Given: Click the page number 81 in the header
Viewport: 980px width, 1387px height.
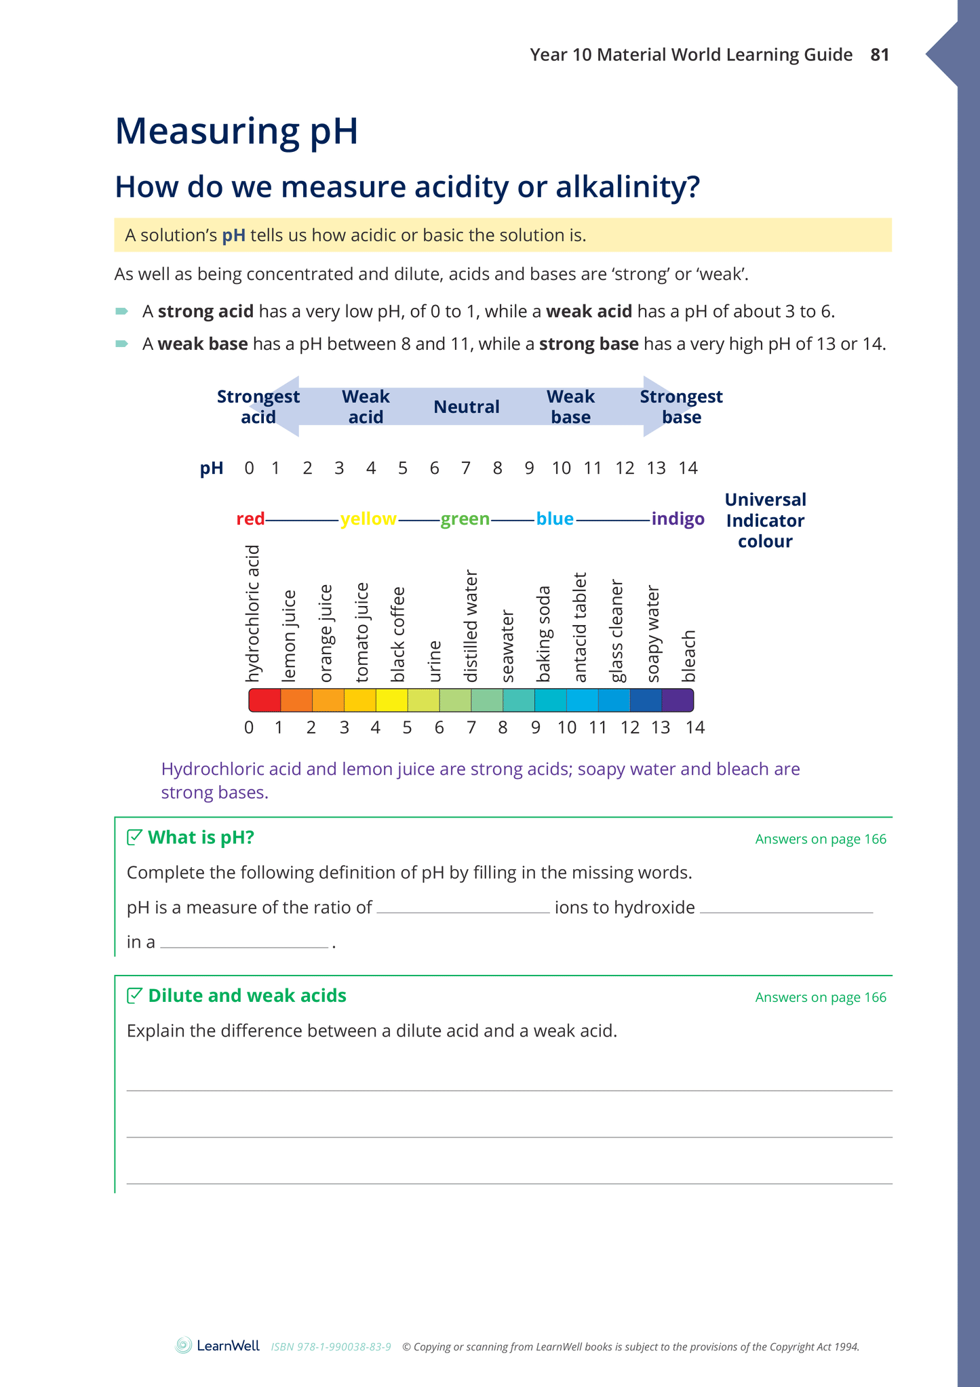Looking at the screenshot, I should click(x=880, y=55).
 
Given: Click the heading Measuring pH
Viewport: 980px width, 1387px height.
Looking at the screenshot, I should click(x=236, y=131).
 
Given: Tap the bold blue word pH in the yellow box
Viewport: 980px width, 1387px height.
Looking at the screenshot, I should click(x=233, y=236).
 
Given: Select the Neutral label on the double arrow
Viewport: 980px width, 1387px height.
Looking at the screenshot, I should click(x=466, y=407).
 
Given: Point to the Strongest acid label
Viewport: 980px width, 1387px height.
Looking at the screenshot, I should click(x=258, y=407).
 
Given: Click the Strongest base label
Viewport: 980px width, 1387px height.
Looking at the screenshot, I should click(x=681, y=407).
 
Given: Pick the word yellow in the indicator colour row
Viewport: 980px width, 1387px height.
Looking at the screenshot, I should click(x=368, y=519).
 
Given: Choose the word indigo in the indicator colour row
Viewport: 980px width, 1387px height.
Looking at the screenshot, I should click(x=678, y=519).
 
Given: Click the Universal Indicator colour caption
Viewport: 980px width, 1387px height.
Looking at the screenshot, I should click(x=765, y=521).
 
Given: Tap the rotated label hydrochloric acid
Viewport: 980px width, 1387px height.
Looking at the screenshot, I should click(x=252, y=614).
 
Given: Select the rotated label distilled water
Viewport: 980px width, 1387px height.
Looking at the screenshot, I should click(x=471, y=626).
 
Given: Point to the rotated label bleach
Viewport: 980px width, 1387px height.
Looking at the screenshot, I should click(x=688, y=656).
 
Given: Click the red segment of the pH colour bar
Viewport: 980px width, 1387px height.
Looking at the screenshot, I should click(x=264, y=700).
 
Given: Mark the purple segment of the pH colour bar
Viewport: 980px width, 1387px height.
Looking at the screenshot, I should click(x=678, y=700).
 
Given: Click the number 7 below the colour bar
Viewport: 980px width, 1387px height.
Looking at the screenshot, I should click(x=471, y=728).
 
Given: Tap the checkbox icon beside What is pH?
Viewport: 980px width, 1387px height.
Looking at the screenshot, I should click(x=135, y=837).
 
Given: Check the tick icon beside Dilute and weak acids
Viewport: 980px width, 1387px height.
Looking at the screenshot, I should click(x=135, y=995).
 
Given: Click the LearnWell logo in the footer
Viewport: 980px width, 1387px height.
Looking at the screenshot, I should click(x=218, y=1346).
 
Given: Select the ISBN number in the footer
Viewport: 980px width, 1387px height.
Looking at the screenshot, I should click(x=331, y=1347).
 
